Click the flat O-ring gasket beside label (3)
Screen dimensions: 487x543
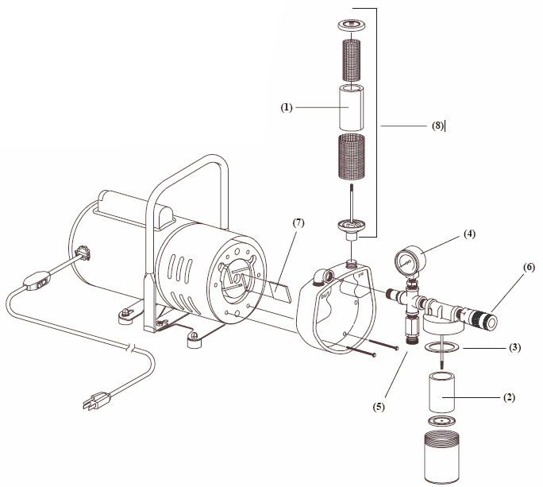tap(438, 347)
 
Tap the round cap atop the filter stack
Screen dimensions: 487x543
tap(350, 25)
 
